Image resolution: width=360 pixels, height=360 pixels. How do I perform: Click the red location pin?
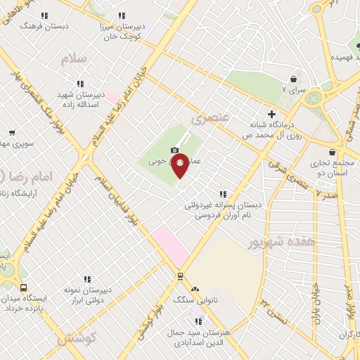[180, 165]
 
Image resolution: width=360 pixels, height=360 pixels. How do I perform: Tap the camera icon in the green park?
[174, 150]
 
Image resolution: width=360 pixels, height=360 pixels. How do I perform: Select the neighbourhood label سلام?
[73, 59]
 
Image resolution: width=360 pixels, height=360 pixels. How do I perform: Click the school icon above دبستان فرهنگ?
[44, 15]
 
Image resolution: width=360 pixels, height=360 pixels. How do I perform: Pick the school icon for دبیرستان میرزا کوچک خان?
[122, 15]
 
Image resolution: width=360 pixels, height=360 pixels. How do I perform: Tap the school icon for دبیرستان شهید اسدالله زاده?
[79, 82]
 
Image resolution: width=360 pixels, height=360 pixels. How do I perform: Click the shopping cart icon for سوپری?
[12, 132]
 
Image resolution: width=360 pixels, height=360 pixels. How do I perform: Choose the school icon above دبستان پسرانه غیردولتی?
[223, 194]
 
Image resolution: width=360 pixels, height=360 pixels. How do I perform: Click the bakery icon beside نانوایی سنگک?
[195, 289]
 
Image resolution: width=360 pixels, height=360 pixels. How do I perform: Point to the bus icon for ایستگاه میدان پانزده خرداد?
[23, 288]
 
